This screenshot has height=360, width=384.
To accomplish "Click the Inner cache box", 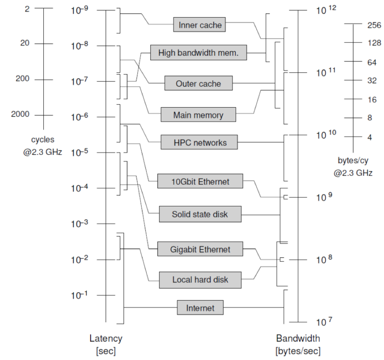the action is [199, 24].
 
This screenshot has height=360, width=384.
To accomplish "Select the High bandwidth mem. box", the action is [198, 53].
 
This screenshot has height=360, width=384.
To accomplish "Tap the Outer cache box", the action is [198, 83].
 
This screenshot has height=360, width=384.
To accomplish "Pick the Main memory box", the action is [198, 114].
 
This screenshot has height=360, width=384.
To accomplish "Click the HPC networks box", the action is [199, 142].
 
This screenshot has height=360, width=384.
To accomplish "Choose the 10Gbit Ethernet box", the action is [200, 181].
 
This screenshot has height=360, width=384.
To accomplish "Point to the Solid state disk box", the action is [200, 214].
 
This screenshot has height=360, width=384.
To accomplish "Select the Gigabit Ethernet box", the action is [200, 249].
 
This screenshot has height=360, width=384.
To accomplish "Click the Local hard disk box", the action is [200, 280].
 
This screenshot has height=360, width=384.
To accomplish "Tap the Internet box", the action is [200, 307].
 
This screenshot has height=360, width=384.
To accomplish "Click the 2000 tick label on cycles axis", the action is [20, 114].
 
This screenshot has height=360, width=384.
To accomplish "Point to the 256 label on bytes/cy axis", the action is [374, 25].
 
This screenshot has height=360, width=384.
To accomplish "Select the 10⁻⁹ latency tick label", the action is [80, 10].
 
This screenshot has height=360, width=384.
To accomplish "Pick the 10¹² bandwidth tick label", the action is [326, 10].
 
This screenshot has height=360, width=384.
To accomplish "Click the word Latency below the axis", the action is [106, 338].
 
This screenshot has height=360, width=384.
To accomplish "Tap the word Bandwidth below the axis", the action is [298, 338].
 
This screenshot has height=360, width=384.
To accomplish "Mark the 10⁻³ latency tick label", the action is [80, 224].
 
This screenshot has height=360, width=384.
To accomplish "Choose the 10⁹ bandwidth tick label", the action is [324, 197].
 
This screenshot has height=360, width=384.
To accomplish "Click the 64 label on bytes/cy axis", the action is [372, 62].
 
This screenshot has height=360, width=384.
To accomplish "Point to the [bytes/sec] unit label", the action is [298, 351].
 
